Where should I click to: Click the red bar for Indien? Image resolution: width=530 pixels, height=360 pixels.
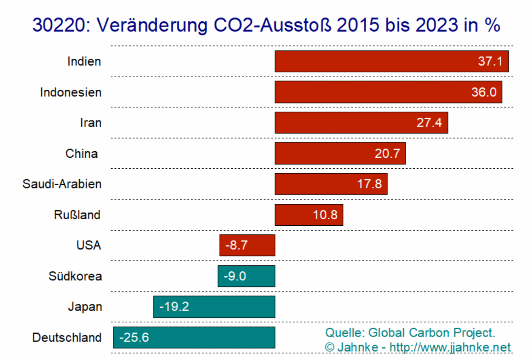coord(392,61)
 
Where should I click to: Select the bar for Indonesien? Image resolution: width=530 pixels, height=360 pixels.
coord(388,92)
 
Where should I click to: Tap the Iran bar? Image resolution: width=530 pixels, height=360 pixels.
coord(361,123)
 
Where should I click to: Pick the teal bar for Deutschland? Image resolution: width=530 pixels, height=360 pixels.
coord(194,337)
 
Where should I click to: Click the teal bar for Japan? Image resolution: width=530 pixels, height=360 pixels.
coord(214,307)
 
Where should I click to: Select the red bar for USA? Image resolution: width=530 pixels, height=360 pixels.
coord(247,246)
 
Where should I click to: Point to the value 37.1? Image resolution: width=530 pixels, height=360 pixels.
coord(490,62)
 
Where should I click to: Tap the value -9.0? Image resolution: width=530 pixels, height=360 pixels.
coord(235,276)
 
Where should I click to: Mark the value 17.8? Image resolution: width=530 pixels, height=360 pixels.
coord(369,184)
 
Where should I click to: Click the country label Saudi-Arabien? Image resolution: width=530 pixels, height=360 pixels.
coord(62,184)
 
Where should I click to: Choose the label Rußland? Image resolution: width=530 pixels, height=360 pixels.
coord(77,215)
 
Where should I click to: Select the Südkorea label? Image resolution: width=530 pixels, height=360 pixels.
coord(75,276)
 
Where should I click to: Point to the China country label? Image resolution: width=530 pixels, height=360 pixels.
coord(81,154)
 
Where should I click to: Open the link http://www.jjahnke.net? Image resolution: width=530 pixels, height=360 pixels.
coord(450,347)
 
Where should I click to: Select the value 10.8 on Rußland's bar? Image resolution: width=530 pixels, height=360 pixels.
coord(325,215)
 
